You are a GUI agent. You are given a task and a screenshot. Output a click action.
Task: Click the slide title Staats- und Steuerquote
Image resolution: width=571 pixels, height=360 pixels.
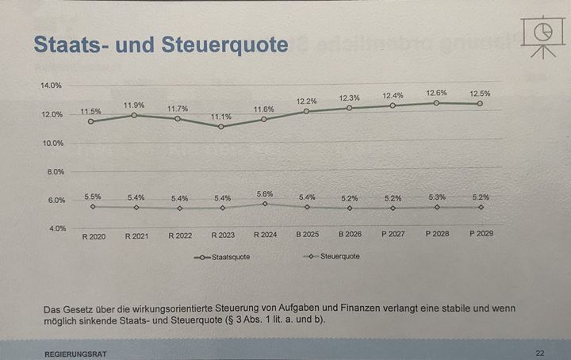pyautogui.click(x=160, y=44)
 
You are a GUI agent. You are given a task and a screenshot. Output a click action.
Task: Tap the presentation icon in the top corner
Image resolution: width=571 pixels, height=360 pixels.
pyautogui.click(x=542, y=34)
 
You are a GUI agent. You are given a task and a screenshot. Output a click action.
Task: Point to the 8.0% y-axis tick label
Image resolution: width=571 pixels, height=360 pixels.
pyautogui.click(x=53, y=171)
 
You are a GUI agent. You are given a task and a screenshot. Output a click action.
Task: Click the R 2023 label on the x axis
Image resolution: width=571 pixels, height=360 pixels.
pyautogui.click(x=223, y=236)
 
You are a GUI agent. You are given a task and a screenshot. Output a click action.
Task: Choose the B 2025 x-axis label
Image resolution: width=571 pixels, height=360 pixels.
pyautogui.click(x=308, y=236)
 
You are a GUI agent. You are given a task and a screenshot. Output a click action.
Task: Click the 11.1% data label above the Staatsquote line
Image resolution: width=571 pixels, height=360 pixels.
pyautogui.click(x=222, y=116)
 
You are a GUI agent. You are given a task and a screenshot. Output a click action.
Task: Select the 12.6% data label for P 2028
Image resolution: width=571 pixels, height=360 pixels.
pyautogui.click(x=435, y=93)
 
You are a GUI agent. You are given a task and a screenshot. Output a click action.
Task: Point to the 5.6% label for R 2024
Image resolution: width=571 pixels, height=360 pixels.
pyautogui.click(x=264, y=193)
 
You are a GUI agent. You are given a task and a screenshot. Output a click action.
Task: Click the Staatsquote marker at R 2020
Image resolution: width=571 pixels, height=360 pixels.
pyautogui.click(x=91, y=121)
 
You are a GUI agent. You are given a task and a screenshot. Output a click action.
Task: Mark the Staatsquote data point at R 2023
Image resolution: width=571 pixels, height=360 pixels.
pyautogui.click(x=221, y=126)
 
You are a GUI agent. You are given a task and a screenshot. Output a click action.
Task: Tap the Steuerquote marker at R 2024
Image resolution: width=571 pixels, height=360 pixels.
pyautogui.click(x=265, y=204)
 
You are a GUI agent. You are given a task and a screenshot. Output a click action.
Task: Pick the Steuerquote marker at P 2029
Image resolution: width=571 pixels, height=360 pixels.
pyautogui.click(x=479, y=207)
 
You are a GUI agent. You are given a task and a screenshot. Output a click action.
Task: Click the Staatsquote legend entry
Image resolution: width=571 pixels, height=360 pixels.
pyautogui.click(x=219, y=258)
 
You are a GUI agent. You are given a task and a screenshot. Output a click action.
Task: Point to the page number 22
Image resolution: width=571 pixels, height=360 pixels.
pyautogui.click(x=539, y=352)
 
